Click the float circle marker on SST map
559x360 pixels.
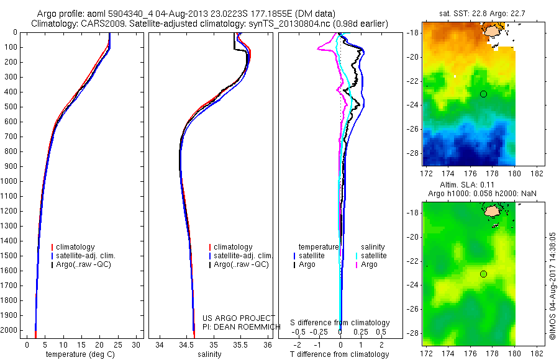[x=483, y=94]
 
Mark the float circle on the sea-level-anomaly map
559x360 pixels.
[x=483, y=274]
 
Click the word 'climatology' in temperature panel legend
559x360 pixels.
[x=76, y=247]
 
